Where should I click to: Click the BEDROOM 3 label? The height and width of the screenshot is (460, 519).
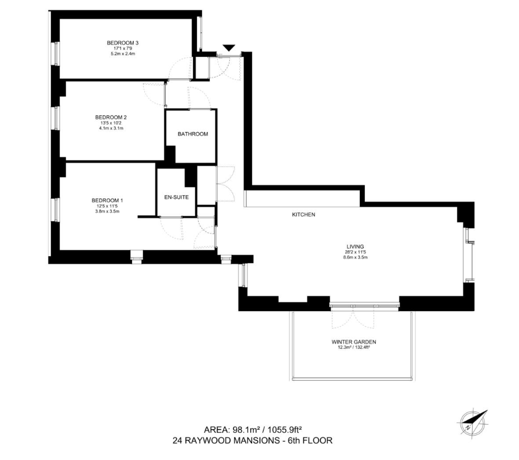pos(122,43)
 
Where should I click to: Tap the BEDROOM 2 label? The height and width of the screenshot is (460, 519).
pos(111,117)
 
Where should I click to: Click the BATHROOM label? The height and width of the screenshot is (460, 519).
pos(192,134)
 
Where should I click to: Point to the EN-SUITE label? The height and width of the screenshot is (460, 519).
pos(177,198)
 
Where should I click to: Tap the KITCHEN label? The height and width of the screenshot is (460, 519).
pos(303,215)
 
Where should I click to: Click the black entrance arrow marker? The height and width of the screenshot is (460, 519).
pos(230,48)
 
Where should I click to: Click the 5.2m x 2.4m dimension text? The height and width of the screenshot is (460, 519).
pos(122,54)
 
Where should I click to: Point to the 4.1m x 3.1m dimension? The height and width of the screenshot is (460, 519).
pos(111,128)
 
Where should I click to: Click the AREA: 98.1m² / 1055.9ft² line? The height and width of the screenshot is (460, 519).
pos(253,430)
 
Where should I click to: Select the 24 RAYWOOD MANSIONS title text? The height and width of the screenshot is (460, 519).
pos(253,441)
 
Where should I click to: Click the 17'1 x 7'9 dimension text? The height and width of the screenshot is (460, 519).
pos(122,49)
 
